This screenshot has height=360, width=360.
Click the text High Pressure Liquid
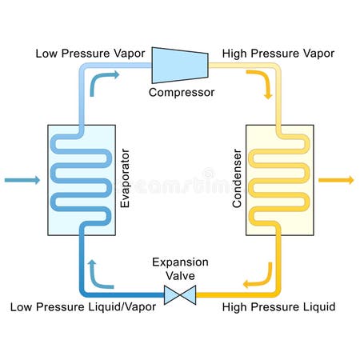[x=278, y=307]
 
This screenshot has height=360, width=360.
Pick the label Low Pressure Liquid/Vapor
[x=83, y=307]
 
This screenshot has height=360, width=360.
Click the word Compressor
[x=182, y=92]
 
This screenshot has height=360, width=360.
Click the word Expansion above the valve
[x=181, y=262]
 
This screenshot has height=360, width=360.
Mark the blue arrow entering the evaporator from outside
[x=21, y=180]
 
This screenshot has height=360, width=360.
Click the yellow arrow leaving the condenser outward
[x=336, y=180]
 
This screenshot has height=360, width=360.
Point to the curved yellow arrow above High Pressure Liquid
[x=258, y=278]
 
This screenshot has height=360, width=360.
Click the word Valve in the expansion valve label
[x=181, y=276]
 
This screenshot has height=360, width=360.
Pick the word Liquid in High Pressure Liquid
[x=317, y=307]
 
